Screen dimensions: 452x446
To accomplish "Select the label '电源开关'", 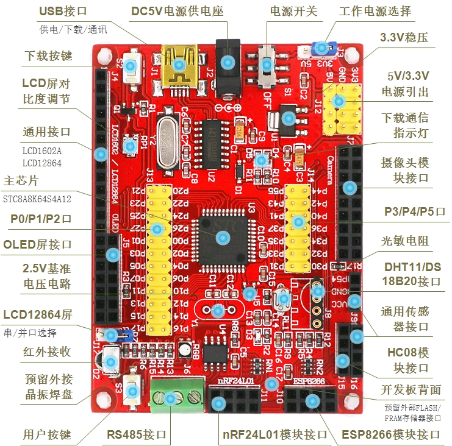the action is point(290,12).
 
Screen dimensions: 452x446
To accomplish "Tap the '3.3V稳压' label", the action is point(404,37).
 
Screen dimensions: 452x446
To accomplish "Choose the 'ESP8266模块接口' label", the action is point(390,434).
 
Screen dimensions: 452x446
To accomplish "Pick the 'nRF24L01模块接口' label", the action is point(273,434).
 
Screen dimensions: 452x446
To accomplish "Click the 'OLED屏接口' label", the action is point(37,244).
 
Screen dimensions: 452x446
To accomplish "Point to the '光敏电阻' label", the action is point(405,241).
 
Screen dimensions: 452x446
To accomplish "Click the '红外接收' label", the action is point(47,352).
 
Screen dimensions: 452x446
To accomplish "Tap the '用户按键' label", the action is point(47,434).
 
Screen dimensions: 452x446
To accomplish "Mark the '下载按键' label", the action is point(48,55).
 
